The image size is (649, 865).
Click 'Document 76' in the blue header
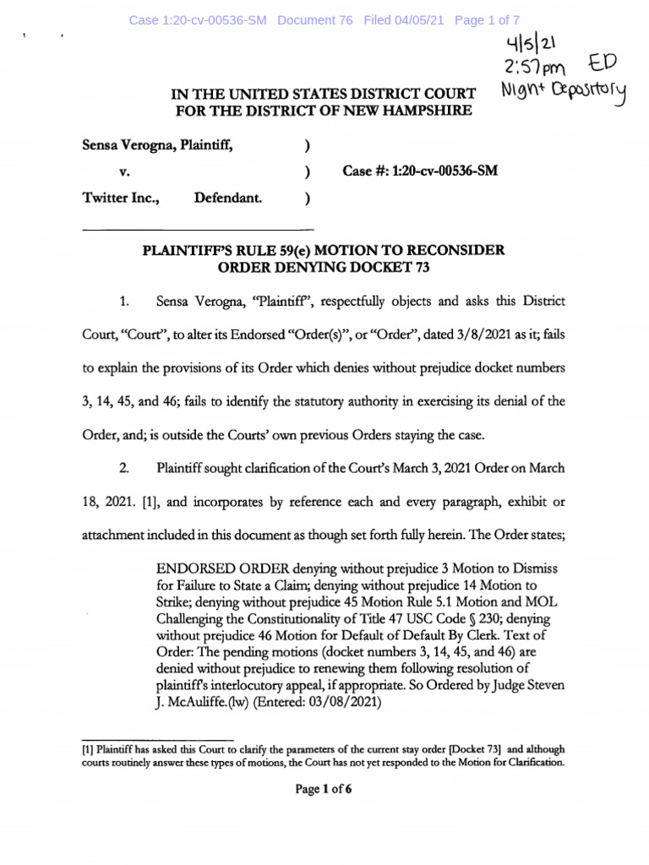click(314, 19)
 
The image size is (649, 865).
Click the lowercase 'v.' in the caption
click(123, 171)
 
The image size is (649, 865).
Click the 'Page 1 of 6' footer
click(324, 790)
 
